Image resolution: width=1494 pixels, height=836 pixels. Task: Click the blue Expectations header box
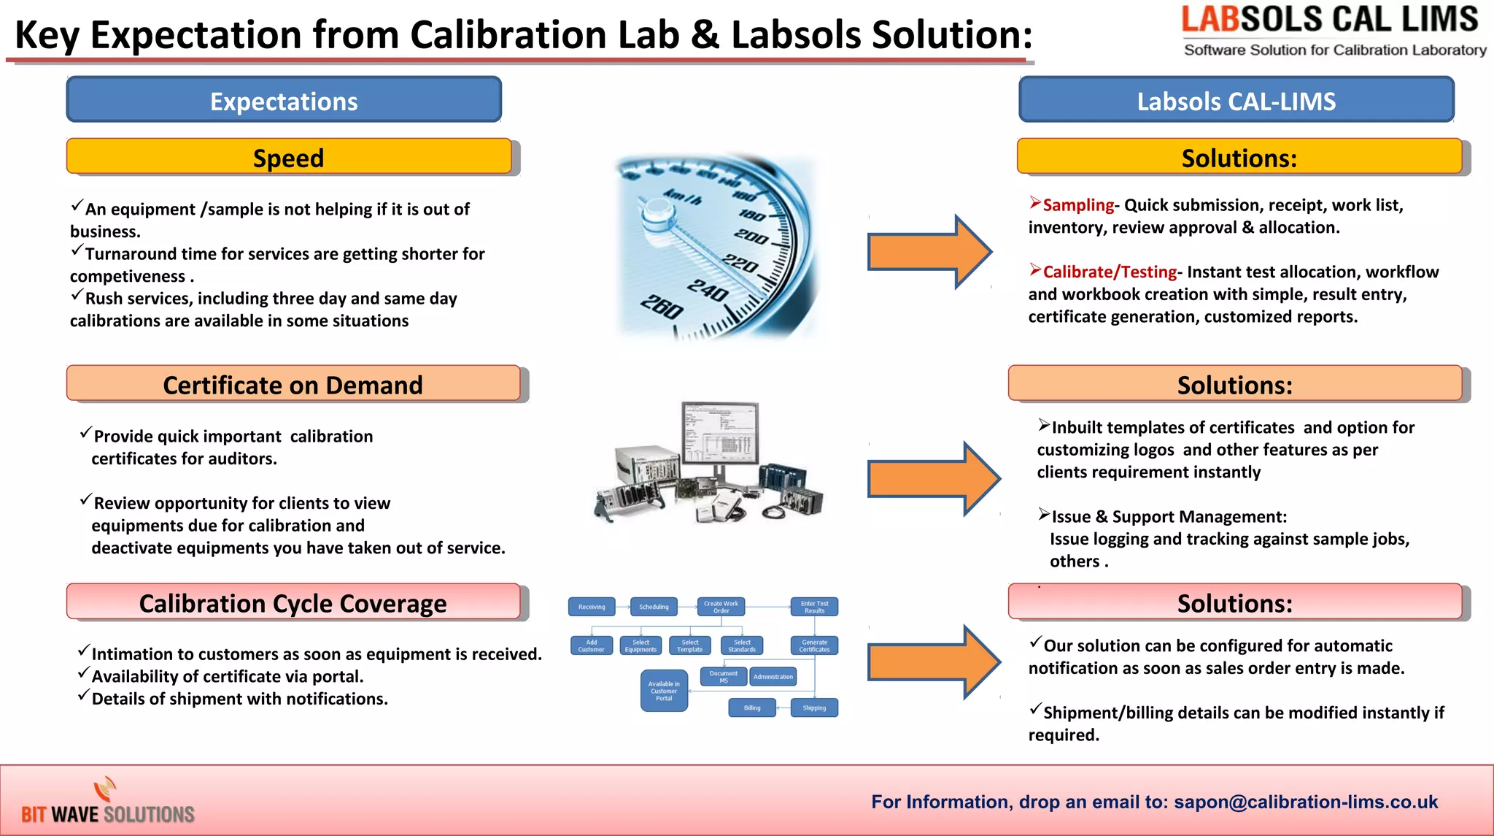coord(284,100)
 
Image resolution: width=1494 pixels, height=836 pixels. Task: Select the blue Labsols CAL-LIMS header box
coord(1236,100)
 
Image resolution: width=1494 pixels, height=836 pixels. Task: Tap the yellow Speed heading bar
coord(289,157)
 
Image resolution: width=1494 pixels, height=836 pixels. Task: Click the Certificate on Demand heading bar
coord(293,384)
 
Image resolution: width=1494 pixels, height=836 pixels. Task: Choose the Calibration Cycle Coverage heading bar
coord(293,602)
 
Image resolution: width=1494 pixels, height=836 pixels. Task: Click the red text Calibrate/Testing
coord(1110,272)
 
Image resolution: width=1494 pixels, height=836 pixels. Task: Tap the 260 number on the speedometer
coord(662,306)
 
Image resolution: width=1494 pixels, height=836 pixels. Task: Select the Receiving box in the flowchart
coord(592,607)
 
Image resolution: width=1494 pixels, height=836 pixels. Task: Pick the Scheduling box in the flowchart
coord(654,607)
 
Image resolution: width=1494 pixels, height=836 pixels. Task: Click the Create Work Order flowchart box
coord(721,607)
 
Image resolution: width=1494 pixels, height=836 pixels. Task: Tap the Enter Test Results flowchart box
coord(814,607)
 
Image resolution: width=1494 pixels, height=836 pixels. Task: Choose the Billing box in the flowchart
coord(752,707)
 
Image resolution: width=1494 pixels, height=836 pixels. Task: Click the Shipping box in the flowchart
coord(814,707)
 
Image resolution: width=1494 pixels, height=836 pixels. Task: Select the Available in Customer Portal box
coord(664,691)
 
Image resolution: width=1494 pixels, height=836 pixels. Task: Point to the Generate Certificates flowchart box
coord(814,645)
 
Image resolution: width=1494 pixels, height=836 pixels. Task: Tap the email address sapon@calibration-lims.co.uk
coord(1306,802)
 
